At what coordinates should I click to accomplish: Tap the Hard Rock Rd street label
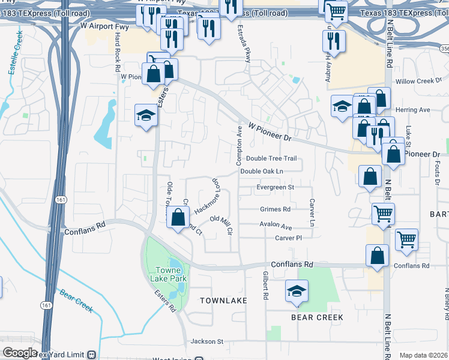click(x=118, y=52)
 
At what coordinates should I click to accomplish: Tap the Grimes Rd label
click(x=275, y=209)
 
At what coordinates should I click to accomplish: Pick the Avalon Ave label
click(x=276, y=226)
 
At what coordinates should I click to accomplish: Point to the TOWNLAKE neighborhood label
click(x=223, y=299)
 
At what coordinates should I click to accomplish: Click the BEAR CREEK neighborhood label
click(x=317, y=317)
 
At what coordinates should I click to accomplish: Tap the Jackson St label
click(x=206, y=341)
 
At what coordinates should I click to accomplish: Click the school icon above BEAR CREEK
click(x=297, y=291)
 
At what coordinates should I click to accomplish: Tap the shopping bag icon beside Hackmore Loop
click(x=178, y=218)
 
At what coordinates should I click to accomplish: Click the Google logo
click(x=20, y=353)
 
